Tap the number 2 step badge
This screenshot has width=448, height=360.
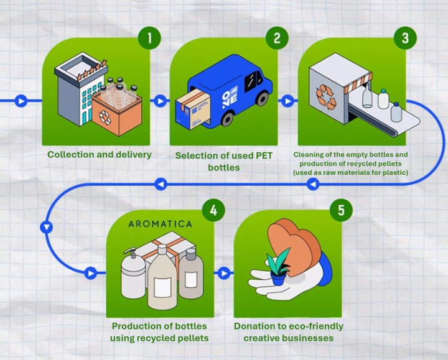coord(277,39)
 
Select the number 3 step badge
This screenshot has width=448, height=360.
coord(405,39)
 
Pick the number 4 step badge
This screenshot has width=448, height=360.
coord(213,210)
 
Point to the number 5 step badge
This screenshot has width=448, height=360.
coord(341,210)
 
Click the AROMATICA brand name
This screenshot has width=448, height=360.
coord(160,223)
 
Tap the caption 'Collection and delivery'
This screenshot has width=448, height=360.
coord(100,154)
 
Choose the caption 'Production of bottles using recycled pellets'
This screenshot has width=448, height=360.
coord(159,332)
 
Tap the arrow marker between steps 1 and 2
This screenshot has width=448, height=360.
coord(160,100)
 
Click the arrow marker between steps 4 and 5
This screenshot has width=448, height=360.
coord(225,272)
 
